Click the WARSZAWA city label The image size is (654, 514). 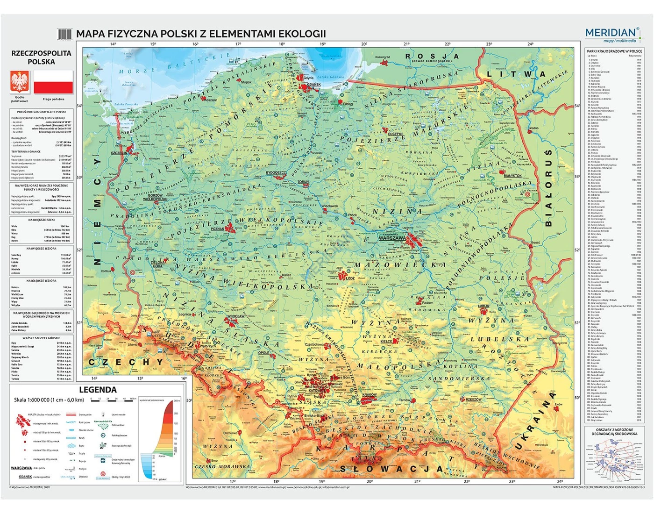(x=391, y=238)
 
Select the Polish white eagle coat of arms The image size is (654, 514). (x=20, y=82)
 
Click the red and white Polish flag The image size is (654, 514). (x=53, y=82)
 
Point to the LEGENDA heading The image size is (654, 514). (x=98, y=390)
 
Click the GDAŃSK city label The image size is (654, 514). (x=313, y=85)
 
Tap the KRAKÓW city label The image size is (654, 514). (x=369, y=395)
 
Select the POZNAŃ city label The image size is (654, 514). (x=217, y=229)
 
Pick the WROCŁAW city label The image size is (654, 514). (x=235, y=316)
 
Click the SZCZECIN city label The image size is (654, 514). (x=119, y=153)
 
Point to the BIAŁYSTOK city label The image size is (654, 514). (x=512, y=176)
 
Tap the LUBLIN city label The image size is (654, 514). (x=483, y=306)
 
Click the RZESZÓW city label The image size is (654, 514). (x=473, y=400)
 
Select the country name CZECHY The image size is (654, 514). (x=126, y=362)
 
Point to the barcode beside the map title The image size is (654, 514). (x=64, y=34)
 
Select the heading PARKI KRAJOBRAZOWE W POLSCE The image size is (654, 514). (x=614, y=51)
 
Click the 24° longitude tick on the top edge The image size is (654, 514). (x=530, y=44)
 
